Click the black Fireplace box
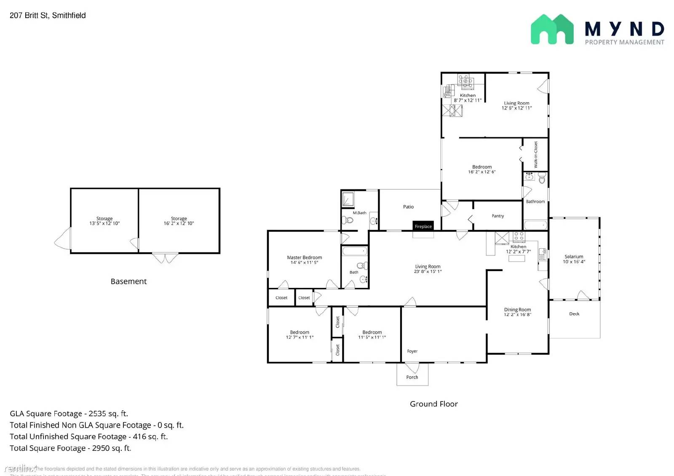pos(423,226)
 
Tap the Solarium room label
pos(574,256)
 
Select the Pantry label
pos(497,216)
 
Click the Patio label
pos(408,207)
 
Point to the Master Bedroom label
pos(304,257)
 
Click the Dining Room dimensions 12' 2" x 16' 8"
pos(517,315)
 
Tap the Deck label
pos(574,314)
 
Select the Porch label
pos(412,377)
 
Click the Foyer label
pos(412,351)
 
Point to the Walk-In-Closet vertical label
pos(536,154)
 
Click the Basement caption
pos(128,282)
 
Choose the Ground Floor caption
pos(433,404)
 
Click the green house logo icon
pos(552,29)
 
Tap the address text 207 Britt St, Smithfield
pos(48,16)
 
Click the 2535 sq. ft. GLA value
pos(108,414)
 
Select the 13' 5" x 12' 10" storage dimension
pos(104,223)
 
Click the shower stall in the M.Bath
pos(348,199)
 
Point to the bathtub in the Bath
pos(355,252)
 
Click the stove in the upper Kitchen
pos(465,81)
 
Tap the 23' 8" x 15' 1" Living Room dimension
pos(428,271)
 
